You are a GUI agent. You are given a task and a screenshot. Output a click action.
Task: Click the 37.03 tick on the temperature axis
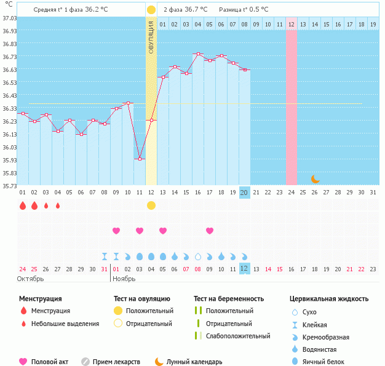[x=9, y=18]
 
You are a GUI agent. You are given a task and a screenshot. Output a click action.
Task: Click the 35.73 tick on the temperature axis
[x=9, y=186]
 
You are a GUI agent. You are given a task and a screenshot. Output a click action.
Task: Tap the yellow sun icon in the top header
[x=151, y=10]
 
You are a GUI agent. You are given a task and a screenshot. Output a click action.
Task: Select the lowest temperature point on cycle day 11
[x=140, y=159]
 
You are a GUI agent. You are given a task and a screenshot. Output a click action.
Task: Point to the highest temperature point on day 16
[x=197, y=54]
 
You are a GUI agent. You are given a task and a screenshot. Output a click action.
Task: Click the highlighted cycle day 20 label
[x=244, y=193]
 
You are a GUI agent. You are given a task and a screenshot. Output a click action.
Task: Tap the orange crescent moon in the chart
[x=316, y=178]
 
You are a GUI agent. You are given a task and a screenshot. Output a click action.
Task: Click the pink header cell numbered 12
[x=291, y=25]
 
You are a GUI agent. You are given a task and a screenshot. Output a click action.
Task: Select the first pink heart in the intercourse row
[x=116, y=231]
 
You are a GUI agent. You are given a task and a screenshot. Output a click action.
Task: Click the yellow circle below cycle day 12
[x=151, y=205]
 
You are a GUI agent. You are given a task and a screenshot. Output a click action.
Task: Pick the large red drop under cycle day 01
[x=23, y=205]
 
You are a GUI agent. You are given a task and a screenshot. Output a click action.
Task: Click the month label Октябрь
[x=31, y=279]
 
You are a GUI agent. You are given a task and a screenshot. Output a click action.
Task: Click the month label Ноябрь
[x=125, y=279]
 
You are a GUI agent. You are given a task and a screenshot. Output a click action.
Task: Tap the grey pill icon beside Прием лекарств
[x=85, y=362]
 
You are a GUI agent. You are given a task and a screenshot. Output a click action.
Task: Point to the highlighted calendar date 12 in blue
[x=244, y=268]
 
